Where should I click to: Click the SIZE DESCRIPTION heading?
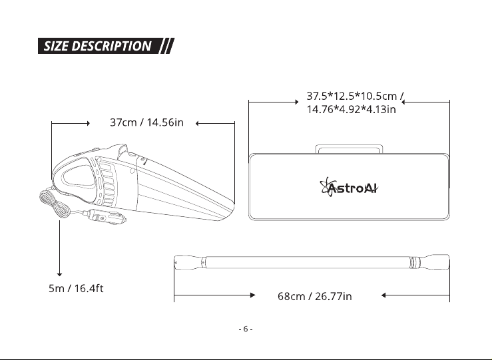pos(98,46)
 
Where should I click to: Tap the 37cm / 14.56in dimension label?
pos(146,122)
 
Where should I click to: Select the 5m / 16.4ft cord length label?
pos(76,288)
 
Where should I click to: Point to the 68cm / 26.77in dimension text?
pos(315,296)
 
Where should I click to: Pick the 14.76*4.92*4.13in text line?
pos(351,109)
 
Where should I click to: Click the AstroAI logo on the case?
pos(349,187)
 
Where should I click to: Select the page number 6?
pos(246,329)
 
